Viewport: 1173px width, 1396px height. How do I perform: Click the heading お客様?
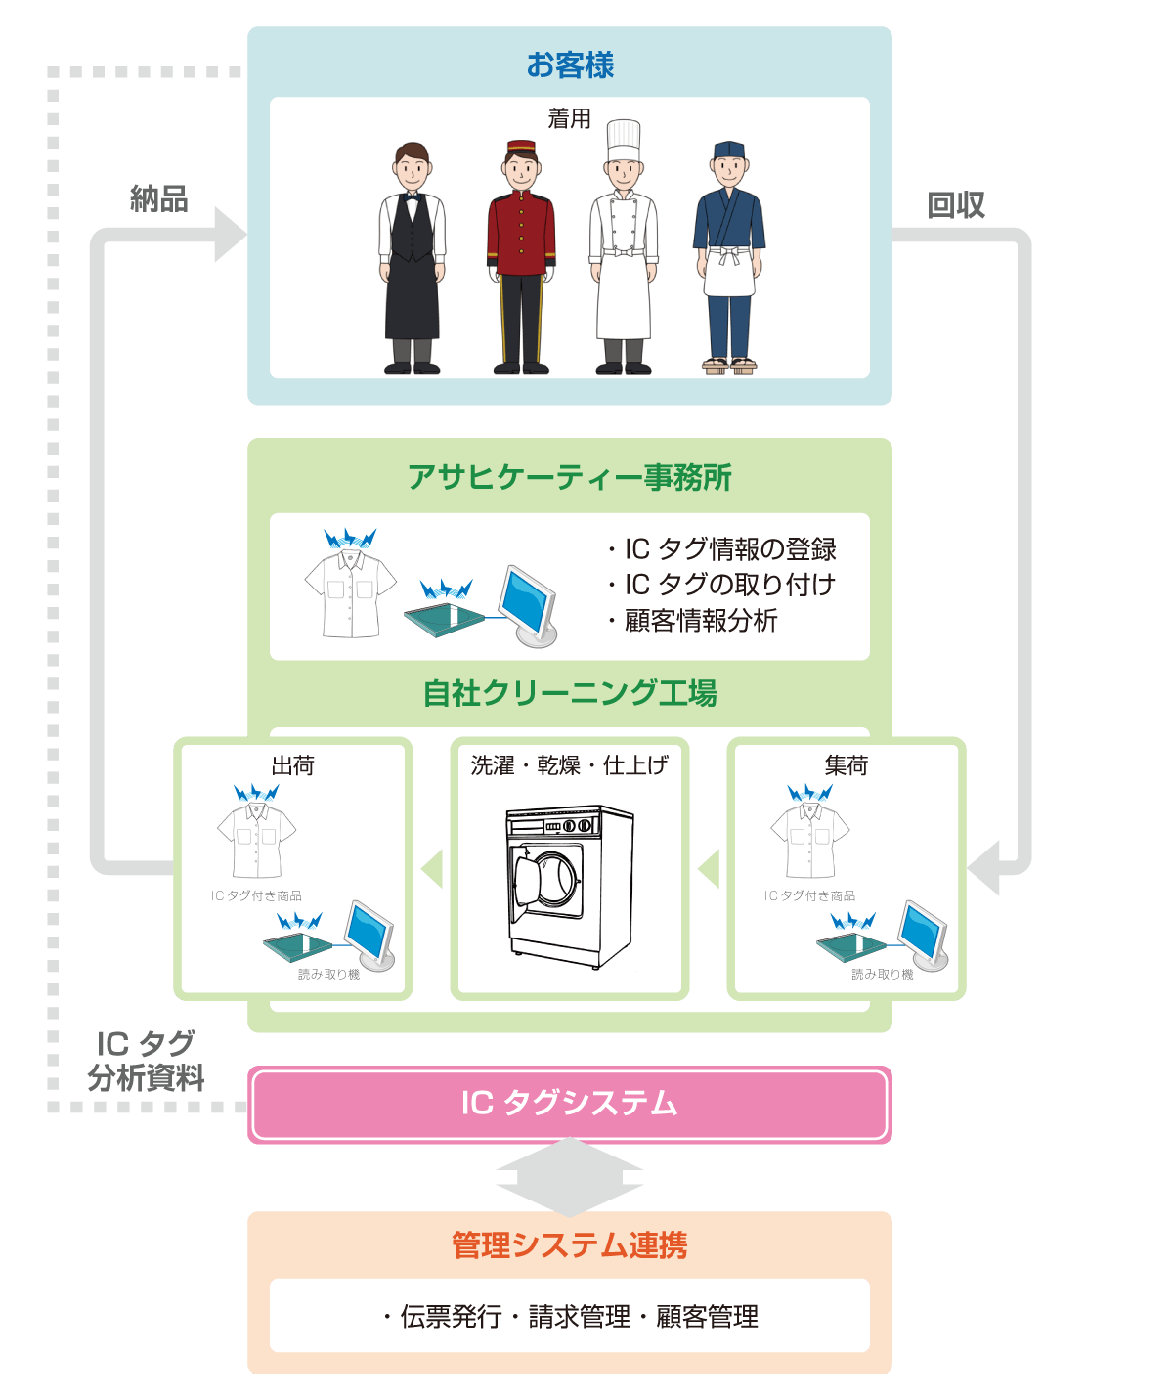pos(570,65)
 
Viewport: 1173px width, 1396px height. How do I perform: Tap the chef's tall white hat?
pos(623,139)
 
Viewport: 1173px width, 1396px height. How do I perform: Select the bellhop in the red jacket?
pos(521,259)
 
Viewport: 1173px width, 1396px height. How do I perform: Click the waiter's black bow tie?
pos(412,196)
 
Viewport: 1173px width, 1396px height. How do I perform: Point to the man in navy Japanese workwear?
pos(729,259)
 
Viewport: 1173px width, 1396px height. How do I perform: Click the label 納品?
pos(158,199)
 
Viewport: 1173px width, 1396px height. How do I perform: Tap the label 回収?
pos(955,205)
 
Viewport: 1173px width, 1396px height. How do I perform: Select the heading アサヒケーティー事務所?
pos(570,477)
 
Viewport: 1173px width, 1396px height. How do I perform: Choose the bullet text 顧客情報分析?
pos(700,621)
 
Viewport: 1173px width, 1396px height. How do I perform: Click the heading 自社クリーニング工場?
pos(570,693)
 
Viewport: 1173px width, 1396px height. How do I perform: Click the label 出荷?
pos(292,765)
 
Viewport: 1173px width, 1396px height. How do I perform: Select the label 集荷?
pos(846,765)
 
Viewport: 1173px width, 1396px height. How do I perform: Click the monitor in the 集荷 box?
pos(922,932)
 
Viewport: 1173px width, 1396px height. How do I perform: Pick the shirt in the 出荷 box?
pos(256,838)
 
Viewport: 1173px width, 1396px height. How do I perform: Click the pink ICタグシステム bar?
pos(570,1104)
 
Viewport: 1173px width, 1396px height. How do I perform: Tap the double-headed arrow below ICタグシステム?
pos(570,1177)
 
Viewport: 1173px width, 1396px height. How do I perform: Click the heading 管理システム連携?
pos(570,1245)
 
